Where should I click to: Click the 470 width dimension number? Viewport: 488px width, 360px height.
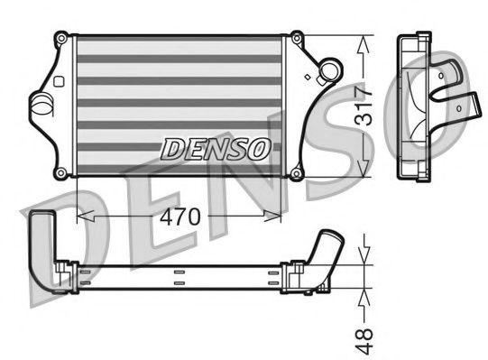point(180,217)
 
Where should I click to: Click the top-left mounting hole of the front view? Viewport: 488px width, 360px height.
point(60,38)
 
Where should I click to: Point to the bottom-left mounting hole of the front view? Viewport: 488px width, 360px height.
point(60,172)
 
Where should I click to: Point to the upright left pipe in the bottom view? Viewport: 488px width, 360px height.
point(41,239)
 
